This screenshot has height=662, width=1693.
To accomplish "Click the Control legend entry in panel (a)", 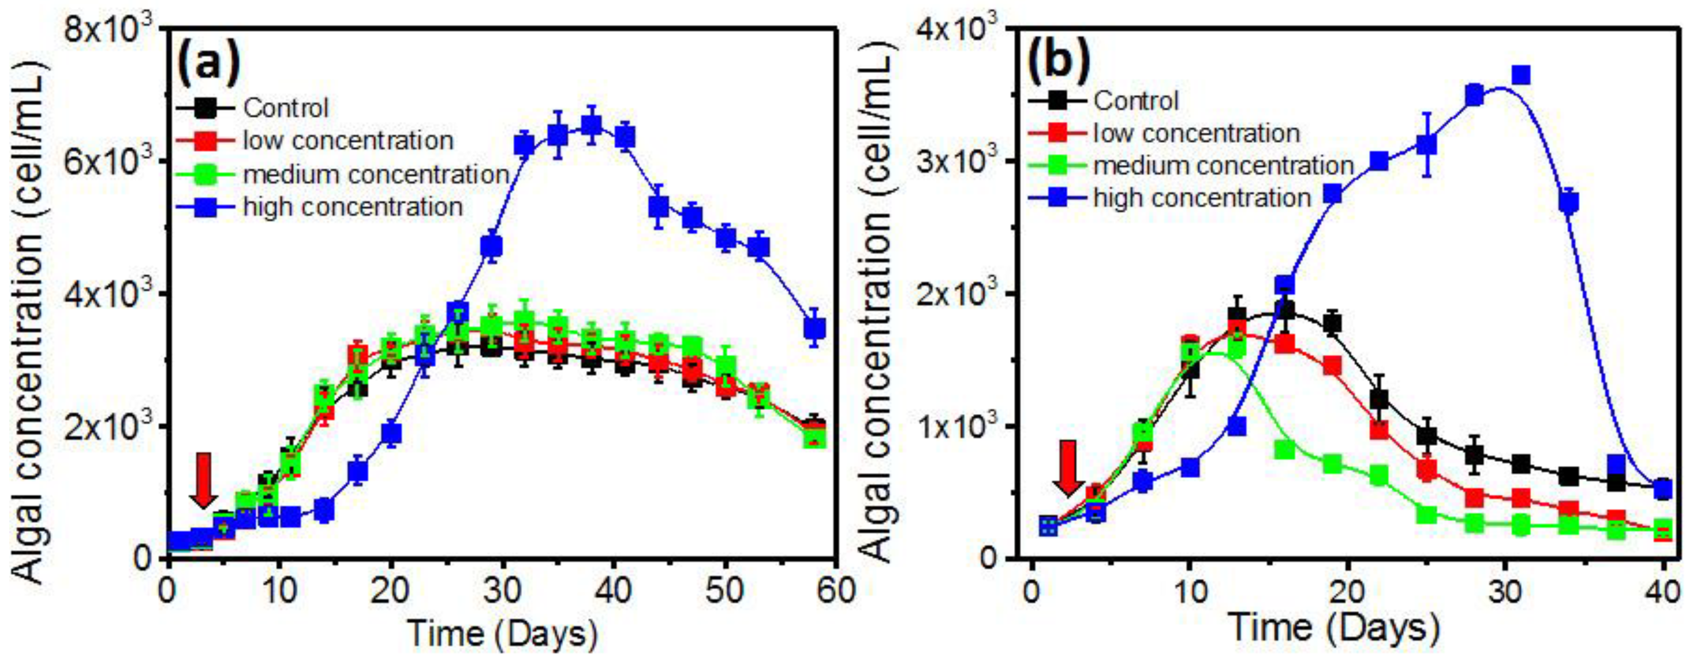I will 285,108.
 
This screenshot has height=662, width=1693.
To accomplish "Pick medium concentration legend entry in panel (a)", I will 375,174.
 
